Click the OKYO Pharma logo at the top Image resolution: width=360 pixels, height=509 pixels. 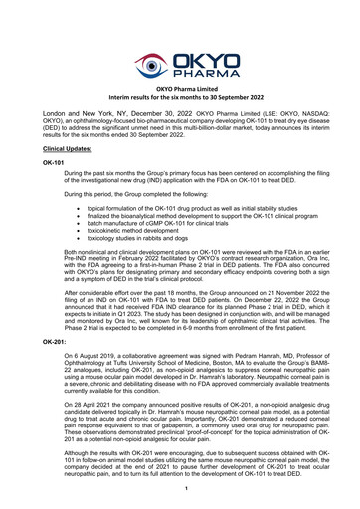[x=179, y=66]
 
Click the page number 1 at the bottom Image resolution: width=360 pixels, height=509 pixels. [x=180, y=490]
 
